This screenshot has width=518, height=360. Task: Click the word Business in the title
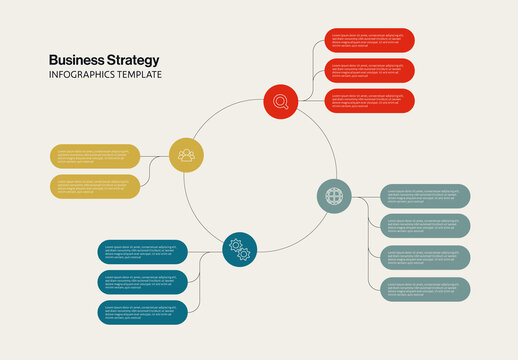(73, 60)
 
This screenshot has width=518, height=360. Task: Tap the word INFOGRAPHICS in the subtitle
(85, 76)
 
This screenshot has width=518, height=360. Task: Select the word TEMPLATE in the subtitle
(142, 76)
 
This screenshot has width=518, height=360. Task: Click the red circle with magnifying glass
(281, 100)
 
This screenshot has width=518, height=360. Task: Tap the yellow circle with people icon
(186, 154)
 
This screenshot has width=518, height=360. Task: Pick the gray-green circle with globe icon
(334, 194)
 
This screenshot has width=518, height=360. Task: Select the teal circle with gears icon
(239, 249)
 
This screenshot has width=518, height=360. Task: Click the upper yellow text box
(95, 155)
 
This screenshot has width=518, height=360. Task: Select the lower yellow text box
(95, 186)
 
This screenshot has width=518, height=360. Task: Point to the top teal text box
(143, 251)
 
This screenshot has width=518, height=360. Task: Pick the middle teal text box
(143, 281)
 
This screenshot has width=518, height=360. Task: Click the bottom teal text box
(143, 311)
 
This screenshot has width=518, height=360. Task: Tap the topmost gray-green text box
(426, 196)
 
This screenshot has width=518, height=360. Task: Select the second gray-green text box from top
(426, 226)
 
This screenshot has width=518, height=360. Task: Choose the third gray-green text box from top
(426, 258)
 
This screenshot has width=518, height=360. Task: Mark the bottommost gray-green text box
(426, 290)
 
